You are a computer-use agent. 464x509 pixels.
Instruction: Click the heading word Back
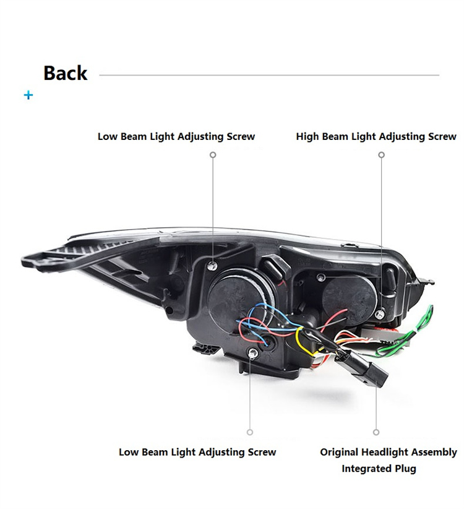click(65, 73)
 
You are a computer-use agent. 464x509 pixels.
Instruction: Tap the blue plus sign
click(28, 95)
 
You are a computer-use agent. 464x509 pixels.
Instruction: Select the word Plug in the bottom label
click(405, 469)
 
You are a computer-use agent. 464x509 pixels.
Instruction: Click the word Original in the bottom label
click(339, 452)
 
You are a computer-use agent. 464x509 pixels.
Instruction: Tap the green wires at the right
click(408, 334)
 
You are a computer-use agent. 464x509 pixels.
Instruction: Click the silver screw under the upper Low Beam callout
click(212, 266)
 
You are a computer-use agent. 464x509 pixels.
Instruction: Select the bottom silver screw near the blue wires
click(252, 354)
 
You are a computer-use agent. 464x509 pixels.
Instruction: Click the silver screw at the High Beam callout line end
click(380, 314)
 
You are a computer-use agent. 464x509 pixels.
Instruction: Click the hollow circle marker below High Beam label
click(381, 155)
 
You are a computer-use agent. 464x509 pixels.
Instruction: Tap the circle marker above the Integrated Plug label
click(376, 432)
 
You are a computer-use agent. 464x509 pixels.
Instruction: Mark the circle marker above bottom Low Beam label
click(250, 432)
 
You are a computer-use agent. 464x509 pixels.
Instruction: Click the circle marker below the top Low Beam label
click(213, 155)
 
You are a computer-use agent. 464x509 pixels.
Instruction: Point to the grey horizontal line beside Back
click(269, 75)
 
